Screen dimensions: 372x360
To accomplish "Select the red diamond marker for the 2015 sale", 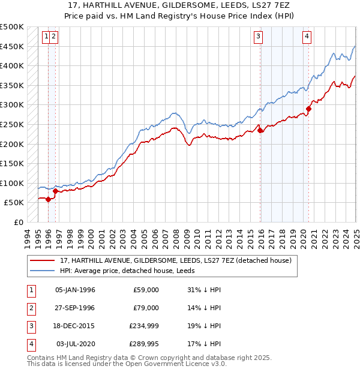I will (x=260, y=130).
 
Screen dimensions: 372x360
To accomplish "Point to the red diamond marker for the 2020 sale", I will (x=308, y=109).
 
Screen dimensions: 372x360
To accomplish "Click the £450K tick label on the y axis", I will (x=12, y=46).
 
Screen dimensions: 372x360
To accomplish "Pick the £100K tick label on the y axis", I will (x=12, y=183).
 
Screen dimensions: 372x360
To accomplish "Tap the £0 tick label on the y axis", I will (x=19, y=222).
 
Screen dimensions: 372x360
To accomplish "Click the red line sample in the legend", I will (x=42, y=260).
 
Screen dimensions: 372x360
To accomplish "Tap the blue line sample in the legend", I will (x=42, y=270).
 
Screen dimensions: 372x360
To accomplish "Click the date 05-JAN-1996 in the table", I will (x=75, y=290).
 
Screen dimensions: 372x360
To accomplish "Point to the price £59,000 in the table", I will (x=146, y=290).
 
